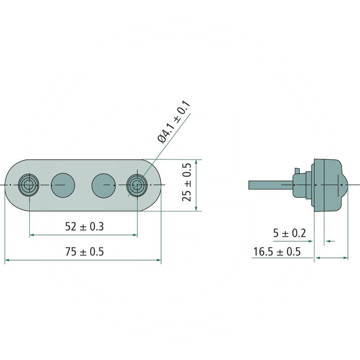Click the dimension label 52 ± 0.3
tap(85, 227)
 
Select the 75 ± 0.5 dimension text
tap(85, 252)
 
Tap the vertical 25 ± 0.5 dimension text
tap(186, 182)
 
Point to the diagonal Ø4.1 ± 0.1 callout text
tap(174, 122)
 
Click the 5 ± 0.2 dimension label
tap(289, 233)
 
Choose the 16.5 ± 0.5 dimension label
tap(277, 252)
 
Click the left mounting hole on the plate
tap(28, 185)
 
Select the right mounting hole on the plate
tap(137, 185)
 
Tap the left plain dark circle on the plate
tap(63, 185)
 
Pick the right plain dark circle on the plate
tap(103, 185)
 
